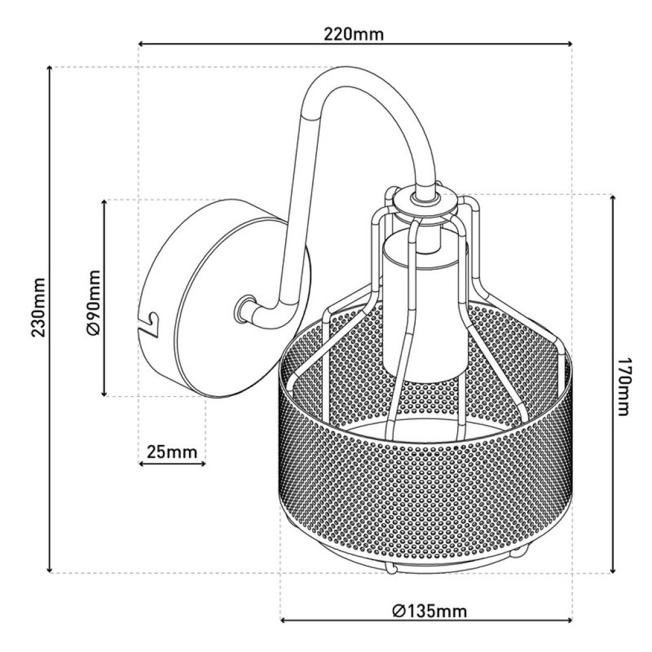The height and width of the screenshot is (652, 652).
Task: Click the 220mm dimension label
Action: (x=354, y=34)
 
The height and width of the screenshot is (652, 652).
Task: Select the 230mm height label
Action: (x=38, y=308)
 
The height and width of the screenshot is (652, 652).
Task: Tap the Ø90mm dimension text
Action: (x=94, y=302)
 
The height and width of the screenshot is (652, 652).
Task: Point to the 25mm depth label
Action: (x=171, y=451)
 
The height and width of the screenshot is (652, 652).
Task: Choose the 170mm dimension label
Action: (x=623, y=386)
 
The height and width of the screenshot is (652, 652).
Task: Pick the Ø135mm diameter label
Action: (x=429, y=611)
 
